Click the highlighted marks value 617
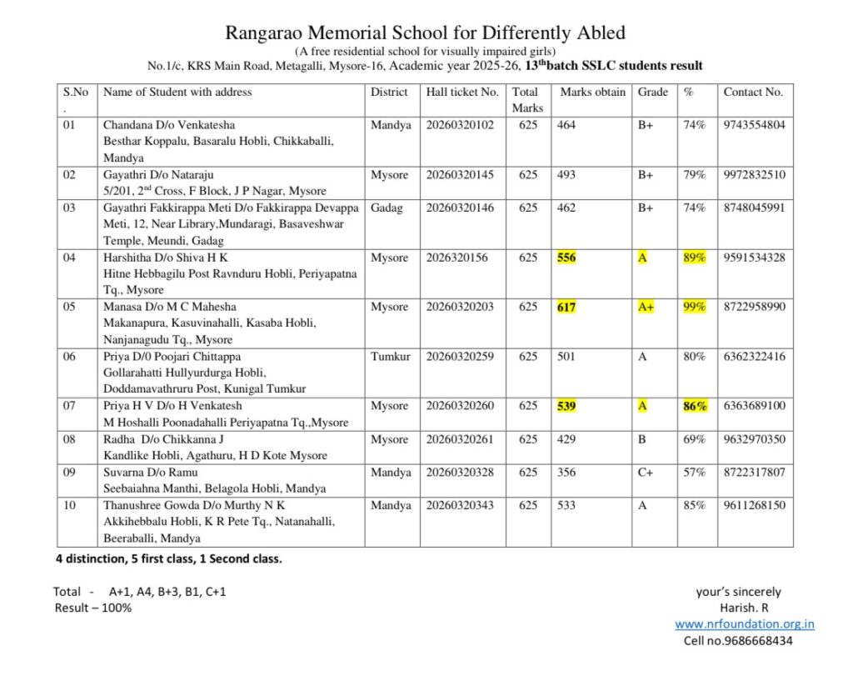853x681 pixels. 566,307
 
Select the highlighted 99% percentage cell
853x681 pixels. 694,307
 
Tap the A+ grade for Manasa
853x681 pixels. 646,307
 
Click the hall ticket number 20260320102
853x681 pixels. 460,125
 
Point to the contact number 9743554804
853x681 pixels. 754,125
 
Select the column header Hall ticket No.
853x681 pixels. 462,92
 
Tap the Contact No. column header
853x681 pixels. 753,92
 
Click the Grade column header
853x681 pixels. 653,92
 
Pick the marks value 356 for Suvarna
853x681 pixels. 566,472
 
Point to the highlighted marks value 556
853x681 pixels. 566,258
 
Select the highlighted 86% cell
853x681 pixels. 695,406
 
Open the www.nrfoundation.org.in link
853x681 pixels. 744,623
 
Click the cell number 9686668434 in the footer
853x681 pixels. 738,640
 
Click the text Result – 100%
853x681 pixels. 93,607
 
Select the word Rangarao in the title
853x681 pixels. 264,33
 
